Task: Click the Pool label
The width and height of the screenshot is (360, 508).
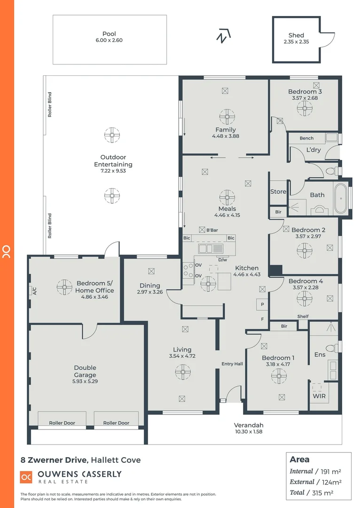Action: [x=109, y=34]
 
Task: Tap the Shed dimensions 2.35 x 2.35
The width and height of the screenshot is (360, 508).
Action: [x=296, y=42]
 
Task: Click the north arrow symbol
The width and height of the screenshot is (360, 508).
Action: [x=223, y=36]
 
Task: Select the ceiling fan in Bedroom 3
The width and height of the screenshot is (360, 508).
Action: [x=305, y=109]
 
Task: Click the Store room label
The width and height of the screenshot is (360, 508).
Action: [x=278, y=192]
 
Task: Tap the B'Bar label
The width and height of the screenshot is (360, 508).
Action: [x=212, y=230]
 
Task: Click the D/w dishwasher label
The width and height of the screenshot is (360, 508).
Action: [x=223, y=259]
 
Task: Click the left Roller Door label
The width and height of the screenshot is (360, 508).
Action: [x=62, y=423]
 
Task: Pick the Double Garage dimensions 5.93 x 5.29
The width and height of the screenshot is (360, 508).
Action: [x=85, y=381]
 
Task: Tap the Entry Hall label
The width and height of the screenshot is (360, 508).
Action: [x=232, y=364]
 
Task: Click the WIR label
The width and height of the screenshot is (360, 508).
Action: [x=319, y=396]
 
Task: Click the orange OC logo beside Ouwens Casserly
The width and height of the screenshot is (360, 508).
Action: [x=26, y=477]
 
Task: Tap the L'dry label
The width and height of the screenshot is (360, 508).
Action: [x=313, y=150]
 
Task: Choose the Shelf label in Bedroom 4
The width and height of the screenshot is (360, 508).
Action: [x=303, y=316]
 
